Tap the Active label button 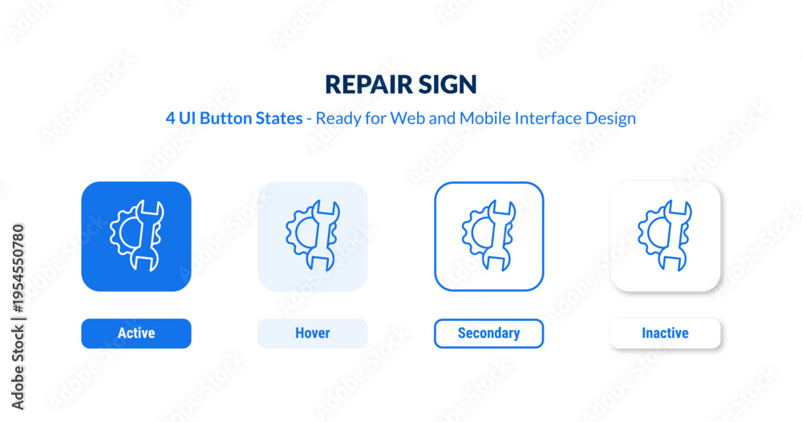click(136, 334)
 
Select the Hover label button click(313, 334)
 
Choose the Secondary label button click(489, 334)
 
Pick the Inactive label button click(666, 334)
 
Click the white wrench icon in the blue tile click(147, 236)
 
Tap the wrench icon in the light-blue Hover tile click(322, 236)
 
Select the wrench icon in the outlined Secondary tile click(499, 236)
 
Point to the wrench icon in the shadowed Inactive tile click(675, 236)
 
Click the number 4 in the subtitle click(170, 118)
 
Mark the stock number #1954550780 click(18, 268)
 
